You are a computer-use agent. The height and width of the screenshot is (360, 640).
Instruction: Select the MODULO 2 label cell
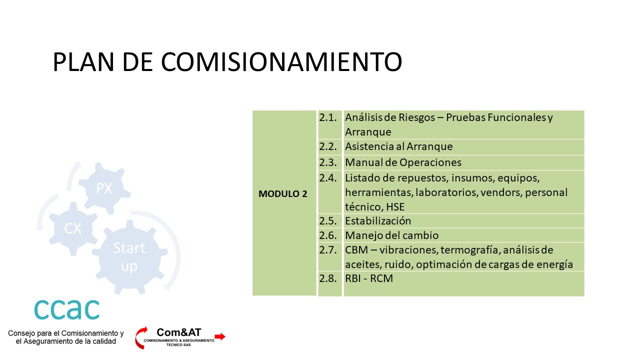(284, 203)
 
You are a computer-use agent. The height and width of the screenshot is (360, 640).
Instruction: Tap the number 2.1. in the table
(328, 117)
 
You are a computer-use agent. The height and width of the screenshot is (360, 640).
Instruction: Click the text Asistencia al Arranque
(399, 146)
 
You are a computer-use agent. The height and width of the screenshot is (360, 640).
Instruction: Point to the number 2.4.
(328, 178)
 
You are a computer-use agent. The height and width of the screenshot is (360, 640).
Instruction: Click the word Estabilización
(378, 221)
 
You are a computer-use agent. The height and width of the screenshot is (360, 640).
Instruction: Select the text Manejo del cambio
(391, 235)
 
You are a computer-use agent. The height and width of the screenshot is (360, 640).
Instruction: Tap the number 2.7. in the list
(328, 250)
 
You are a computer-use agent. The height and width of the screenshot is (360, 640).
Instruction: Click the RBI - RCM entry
(369, 278)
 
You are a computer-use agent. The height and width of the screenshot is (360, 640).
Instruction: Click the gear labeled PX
(104, 188)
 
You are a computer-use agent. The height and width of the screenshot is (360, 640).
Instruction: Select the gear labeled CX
(73, 228)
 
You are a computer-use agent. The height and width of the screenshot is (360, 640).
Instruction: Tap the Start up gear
(129, 257)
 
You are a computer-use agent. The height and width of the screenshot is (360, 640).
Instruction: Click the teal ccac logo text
(67, 309)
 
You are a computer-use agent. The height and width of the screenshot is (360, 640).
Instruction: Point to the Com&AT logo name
(179, 332)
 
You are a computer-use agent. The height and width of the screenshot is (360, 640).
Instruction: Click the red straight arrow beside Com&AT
(220, 336)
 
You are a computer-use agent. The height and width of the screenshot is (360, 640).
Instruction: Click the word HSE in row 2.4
(395, 207)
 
